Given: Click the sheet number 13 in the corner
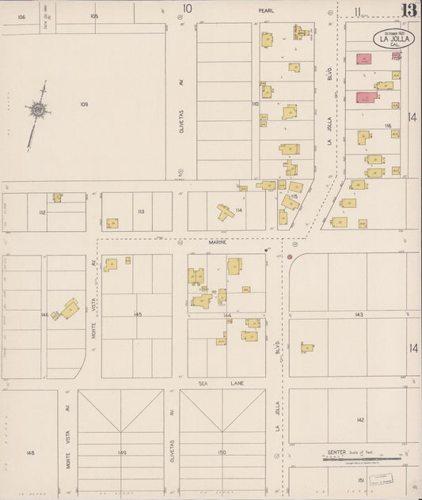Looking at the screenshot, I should tap(409, 10).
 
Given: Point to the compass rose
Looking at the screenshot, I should tap(37, 111).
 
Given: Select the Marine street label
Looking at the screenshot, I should tap(218, 243).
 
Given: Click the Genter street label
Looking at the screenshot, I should tap(336, 453).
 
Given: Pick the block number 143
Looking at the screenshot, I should tap(359, 315).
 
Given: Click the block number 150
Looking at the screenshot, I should tap(222, 453).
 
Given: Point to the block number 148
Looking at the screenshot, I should tap(30, 453).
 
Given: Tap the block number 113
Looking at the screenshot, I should tap(140, 211).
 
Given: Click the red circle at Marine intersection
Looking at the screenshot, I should tap(290, 256).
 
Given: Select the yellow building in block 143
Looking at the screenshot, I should tap(306, 347).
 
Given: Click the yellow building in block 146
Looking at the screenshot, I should tap(69, 309).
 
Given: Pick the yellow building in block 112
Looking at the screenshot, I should tap(57, 198).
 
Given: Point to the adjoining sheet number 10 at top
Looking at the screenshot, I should tap(188, 9).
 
